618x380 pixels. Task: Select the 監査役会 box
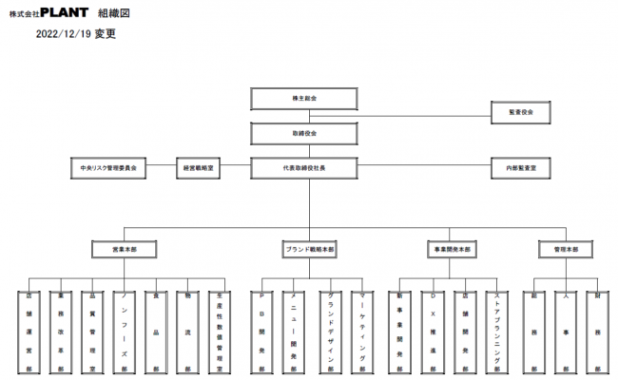coord(521,112)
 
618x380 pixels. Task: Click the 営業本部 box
coord(124,249)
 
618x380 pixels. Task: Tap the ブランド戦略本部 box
coord(310,249)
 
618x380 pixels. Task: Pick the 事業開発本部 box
coord(450,249)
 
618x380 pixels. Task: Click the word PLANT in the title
coord(67,13)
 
